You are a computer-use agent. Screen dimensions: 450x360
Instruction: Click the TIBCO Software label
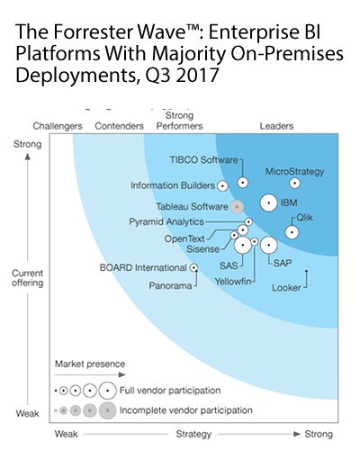[x=203, y=160]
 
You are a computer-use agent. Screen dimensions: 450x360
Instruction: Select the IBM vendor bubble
[x=267, y=203]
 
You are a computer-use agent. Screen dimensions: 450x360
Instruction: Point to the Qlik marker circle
[x=292, y=231]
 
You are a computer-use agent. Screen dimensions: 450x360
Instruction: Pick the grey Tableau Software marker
[x=237, y=206]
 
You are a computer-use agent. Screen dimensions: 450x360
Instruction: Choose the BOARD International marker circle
[x=194, y=267]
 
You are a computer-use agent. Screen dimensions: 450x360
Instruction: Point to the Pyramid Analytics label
[x=166, y=220]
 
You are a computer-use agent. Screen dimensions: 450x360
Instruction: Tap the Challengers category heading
[x=58, y=125]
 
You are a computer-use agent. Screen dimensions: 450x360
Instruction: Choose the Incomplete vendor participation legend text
[x=182, y=411]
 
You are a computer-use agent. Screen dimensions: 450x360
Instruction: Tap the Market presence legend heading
[x=88, y=364]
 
